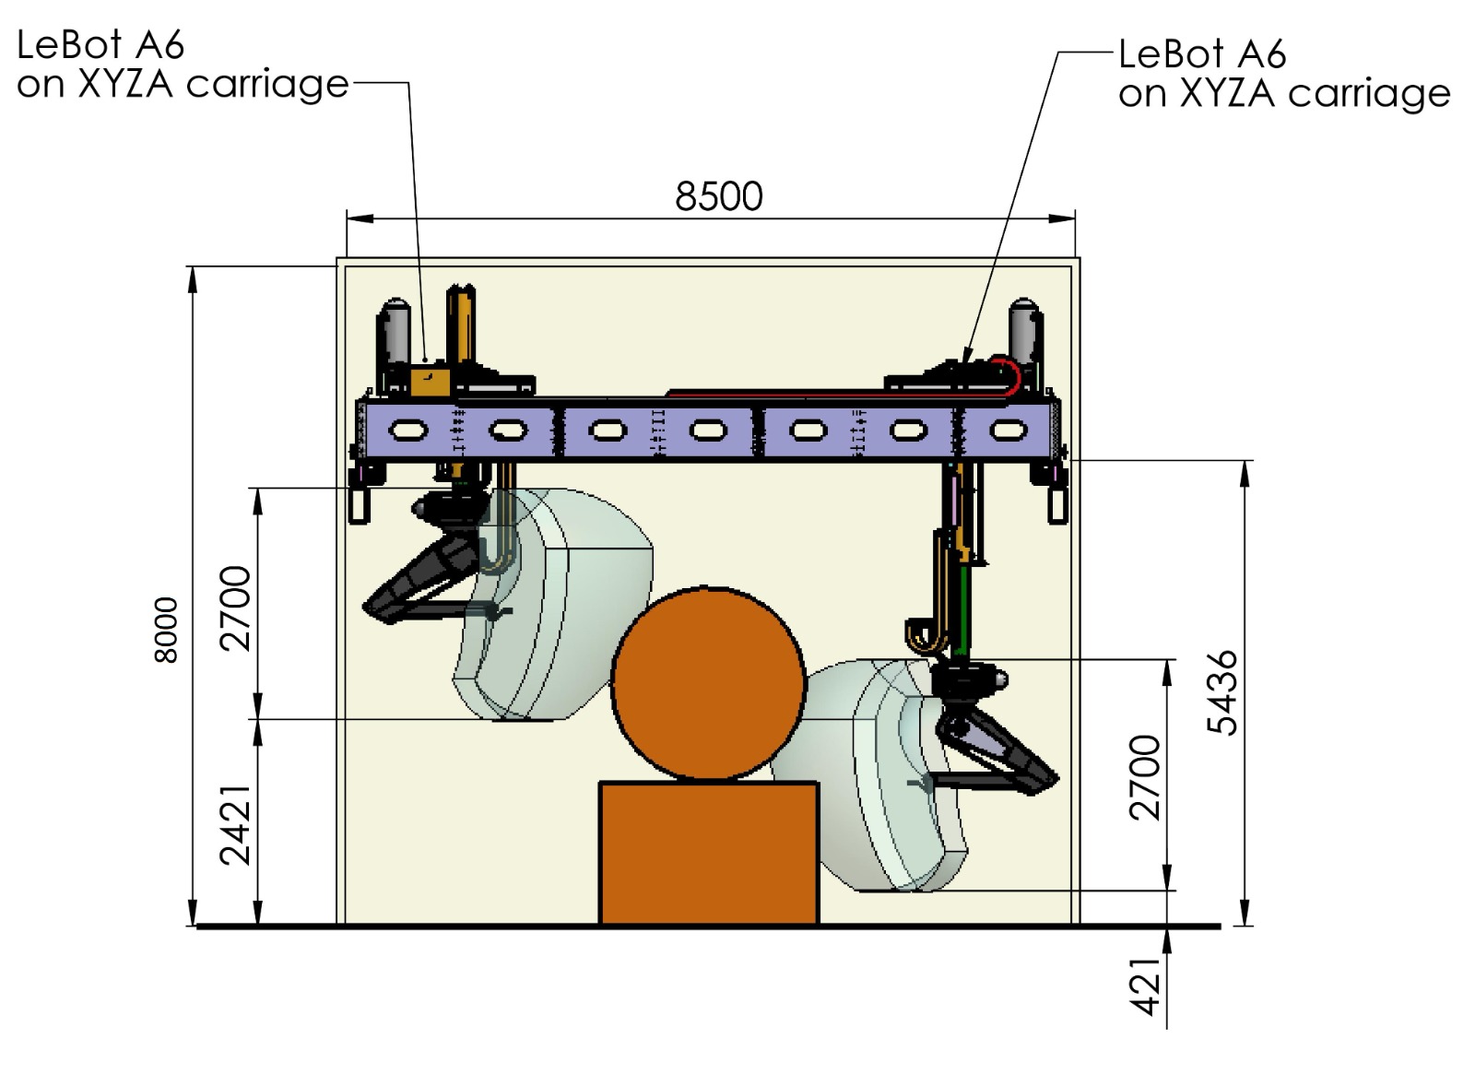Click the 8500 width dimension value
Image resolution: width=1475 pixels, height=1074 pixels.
(x=719, y=196)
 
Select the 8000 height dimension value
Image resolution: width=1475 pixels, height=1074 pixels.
(x=166, y=630)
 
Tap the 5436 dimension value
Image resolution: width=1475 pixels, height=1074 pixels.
(x=1223, y=692)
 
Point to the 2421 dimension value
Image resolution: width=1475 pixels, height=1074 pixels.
(x=236, y=825)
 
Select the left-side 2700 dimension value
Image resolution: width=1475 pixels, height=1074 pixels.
(x=236, y=608)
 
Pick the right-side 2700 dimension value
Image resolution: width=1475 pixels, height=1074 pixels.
(x=1145, y=777)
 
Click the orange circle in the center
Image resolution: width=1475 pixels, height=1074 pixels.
(x=708, y=684)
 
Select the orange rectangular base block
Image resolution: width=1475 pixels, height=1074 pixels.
(x=708, y=853)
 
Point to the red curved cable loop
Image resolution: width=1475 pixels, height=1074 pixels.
(x=1010, y=376)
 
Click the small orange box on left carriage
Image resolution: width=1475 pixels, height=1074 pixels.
(x=430, y=383)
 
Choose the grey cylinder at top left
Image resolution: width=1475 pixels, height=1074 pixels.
(x=395, y=332)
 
